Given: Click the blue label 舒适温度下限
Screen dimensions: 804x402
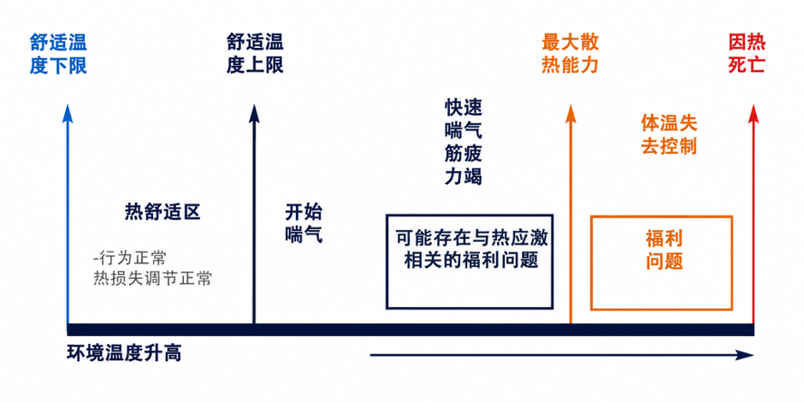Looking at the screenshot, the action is (58, 55).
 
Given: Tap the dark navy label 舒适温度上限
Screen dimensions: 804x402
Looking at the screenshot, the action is (255, 55).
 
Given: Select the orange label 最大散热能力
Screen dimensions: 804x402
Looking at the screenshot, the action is (570, 55).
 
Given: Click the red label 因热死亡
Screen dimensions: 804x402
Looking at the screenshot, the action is (746, 55).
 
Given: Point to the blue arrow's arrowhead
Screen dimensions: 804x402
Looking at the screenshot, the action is (68, 113).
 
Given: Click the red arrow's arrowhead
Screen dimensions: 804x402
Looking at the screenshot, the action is (753, 113).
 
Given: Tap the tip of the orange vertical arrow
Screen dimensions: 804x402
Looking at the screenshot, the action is (570, 104).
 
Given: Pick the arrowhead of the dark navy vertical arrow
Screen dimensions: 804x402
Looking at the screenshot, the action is (254, 113).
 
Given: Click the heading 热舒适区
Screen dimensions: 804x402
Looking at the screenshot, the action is (162, 212).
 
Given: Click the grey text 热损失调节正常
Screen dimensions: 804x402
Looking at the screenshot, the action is (152, 279).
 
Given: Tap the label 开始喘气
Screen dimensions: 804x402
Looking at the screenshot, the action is (304, 224).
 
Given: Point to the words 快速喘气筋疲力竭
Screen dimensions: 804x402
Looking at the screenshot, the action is (463, 141).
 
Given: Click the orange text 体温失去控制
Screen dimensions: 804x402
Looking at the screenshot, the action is (669, 134).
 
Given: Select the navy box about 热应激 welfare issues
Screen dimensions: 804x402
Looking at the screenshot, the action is (470, 216).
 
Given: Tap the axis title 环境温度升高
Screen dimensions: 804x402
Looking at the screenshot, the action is (123, 354).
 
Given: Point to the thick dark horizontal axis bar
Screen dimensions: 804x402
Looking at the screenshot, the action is (411, 329).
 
